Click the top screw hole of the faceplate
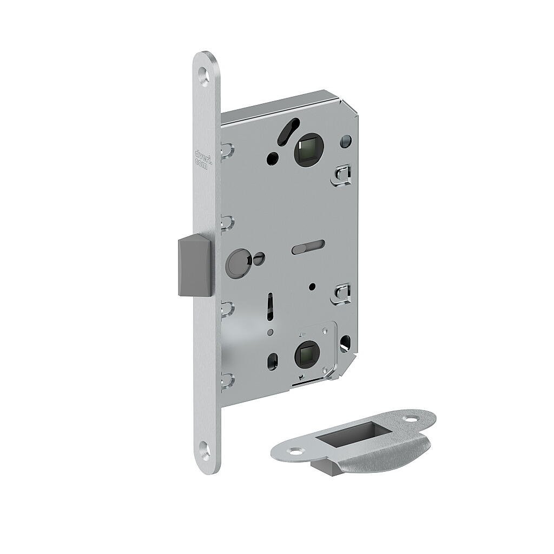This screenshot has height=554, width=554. (203, 75)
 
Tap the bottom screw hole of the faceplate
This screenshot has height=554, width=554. (205, 447)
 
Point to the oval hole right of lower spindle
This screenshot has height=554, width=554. (345, 341)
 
